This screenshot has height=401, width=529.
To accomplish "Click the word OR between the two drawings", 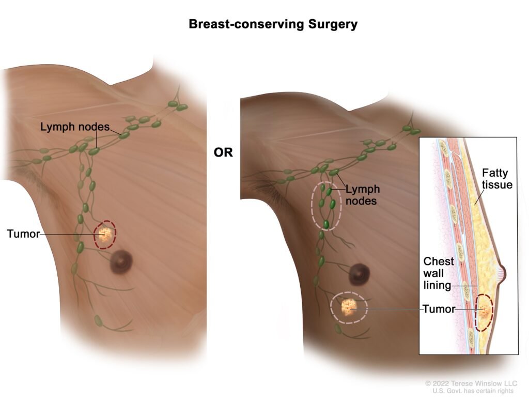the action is (223, 152).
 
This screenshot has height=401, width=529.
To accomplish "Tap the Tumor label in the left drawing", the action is (23, 234).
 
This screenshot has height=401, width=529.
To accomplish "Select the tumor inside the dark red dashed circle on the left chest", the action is (105, 235).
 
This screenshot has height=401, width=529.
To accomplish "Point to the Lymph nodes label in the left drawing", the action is (75, 126).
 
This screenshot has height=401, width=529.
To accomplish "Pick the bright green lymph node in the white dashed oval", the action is (326, 224).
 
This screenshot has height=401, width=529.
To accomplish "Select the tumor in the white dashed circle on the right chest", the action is (349, 308).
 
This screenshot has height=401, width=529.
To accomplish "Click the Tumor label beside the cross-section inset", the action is (439, 310).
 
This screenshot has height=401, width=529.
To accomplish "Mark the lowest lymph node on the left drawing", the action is (98, 321).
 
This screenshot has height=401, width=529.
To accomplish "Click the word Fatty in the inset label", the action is (494, 172).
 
